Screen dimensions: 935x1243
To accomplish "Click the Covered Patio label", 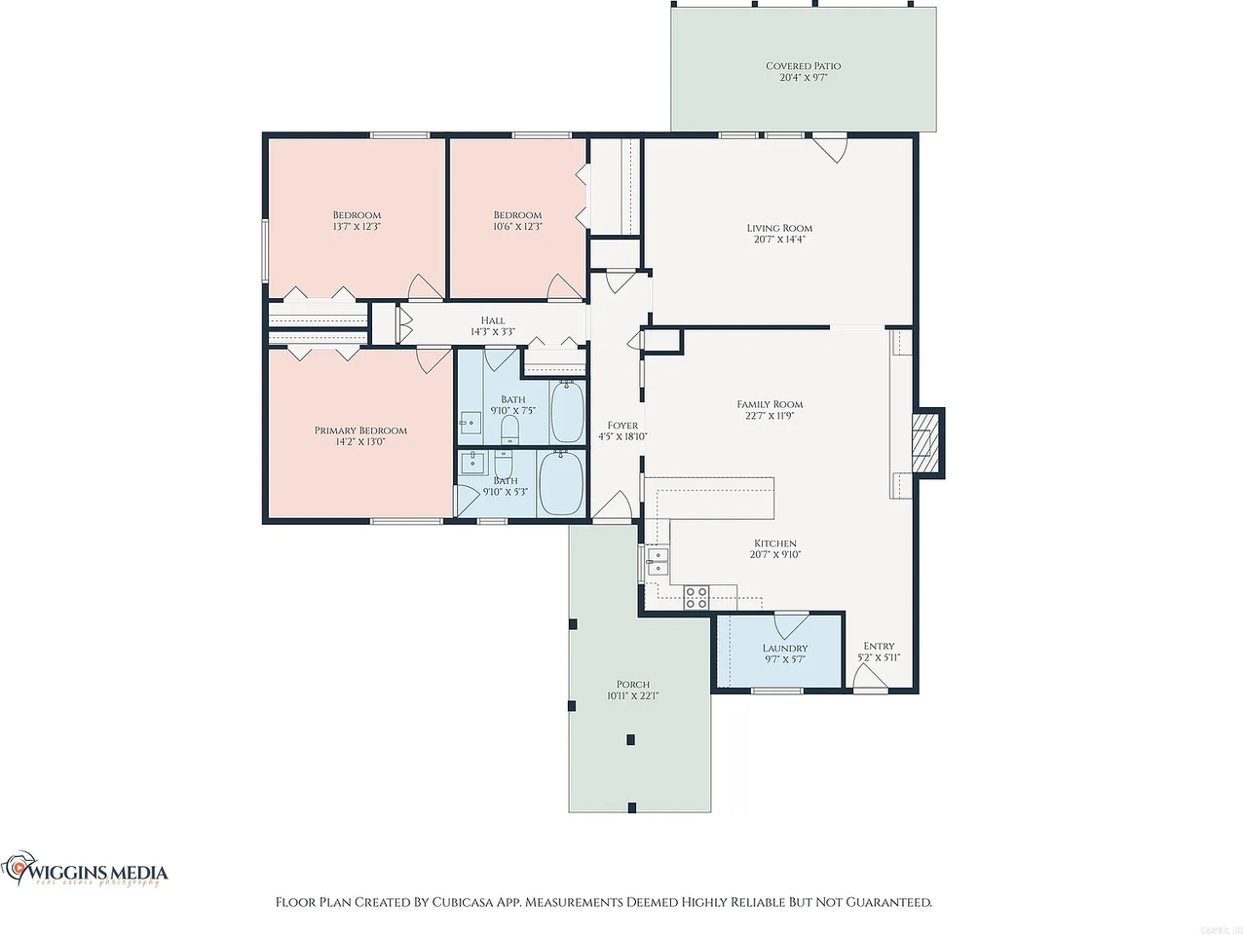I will click(803, 66).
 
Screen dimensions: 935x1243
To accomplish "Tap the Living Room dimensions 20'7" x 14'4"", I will click(778, 240).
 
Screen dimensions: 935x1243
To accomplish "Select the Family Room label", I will click(770, 404).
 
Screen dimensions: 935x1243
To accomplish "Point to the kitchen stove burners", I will click(696, 597).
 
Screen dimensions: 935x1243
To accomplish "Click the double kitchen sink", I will click(658, 561).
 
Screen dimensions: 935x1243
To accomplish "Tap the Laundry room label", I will click(784, 649).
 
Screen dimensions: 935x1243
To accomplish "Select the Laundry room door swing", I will click(790, 623).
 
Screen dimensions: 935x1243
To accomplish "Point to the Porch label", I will click(632, 685).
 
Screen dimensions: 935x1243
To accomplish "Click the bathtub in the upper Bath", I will click(566, 412).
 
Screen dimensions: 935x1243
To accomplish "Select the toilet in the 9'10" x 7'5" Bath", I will click(508, 429).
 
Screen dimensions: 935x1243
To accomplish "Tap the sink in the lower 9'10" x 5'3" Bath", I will click(475, 460).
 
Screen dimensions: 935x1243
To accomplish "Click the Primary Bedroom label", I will click(360, 430).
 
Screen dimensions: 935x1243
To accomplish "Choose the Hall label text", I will click(493, 320).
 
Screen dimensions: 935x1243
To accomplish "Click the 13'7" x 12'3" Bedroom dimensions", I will click(357, 226).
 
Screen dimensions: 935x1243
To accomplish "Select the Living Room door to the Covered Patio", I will click(830, 146).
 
